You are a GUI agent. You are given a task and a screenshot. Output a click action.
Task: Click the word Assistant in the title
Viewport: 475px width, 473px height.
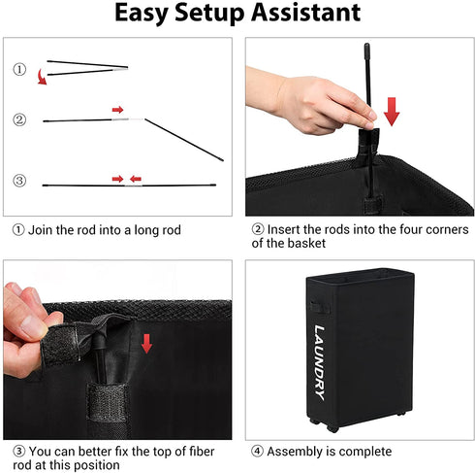305,13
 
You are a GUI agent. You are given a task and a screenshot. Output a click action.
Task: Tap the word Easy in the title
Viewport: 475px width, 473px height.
142,14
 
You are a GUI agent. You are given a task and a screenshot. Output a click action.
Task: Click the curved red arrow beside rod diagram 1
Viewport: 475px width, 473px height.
42,77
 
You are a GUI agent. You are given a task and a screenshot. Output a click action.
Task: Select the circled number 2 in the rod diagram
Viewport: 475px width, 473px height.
19,120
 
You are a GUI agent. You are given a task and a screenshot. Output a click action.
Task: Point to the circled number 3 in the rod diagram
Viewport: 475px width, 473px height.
19,181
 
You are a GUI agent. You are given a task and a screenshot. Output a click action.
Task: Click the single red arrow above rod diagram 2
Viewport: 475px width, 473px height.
117,110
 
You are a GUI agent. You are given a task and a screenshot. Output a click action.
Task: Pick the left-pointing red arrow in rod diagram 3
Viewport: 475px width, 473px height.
136,179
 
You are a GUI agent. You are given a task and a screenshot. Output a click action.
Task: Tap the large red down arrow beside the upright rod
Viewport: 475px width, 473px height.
392,112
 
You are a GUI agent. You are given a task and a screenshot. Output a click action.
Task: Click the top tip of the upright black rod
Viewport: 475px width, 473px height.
366,45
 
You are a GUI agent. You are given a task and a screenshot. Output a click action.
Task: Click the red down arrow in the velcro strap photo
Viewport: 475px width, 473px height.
146,344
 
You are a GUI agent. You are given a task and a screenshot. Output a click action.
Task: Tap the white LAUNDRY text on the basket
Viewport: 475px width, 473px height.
320,362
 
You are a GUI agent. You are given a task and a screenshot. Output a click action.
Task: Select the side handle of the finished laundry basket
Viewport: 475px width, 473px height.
320,307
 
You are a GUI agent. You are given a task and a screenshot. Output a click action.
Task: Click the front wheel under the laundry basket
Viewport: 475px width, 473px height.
332,429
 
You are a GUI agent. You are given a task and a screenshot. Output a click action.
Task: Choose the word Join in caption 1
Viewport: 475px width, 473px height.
40,230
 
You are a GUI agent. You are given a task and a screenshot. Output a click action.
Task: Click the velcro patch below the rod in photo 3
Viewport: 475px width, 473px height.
108,402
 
